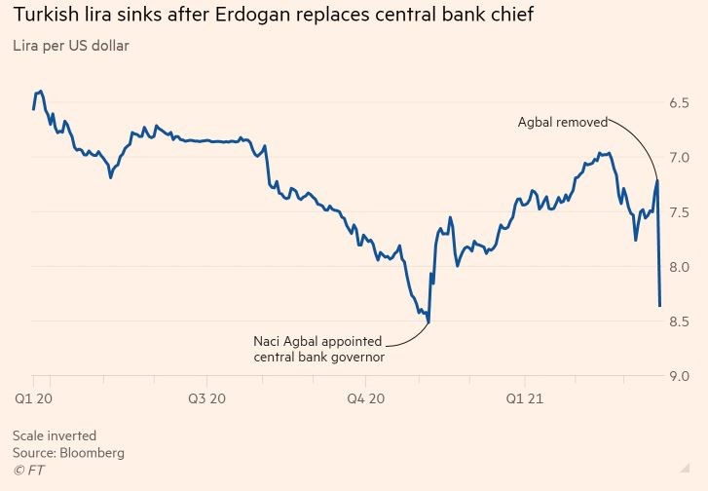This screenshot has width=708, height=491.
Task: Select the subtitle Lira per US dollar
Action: coord(70,46)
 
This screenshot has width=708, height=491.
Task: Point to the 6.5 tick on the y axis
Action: coord(679,103)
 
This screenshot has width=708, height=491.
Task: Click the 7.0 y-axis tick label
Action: coord(679,158)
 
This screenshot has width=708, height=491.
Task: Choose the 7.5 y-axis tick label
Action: coord(679,212)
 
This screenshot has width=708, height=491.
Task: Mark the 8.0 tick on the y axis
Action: coord(679,267)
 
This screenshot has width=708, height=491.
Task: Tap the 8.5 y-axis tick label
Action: coord(679,321)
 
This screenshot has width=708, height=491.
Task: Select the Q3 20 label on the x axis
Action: coord(205,397)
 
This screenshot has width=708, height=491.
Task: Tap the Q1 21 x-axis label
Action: coord(526,397)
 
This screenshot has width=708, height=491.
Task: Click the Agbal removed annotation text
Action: coord(562,123)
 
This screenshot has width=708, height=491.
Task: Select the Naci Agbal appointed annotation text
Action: coord(317,342)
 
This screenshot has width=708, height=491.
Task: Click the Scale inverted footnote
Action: coord(55,435)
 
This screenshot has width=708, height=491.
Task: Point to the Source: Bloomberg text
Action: coord(68,453)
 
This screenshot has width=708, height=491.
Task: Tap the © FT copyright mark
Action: coord(28,471)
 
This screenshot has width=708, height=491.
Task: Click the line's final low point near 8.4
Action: coord(660,306)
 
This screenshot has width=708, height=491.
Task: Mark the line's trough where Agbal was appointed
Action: coord(429,321)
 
